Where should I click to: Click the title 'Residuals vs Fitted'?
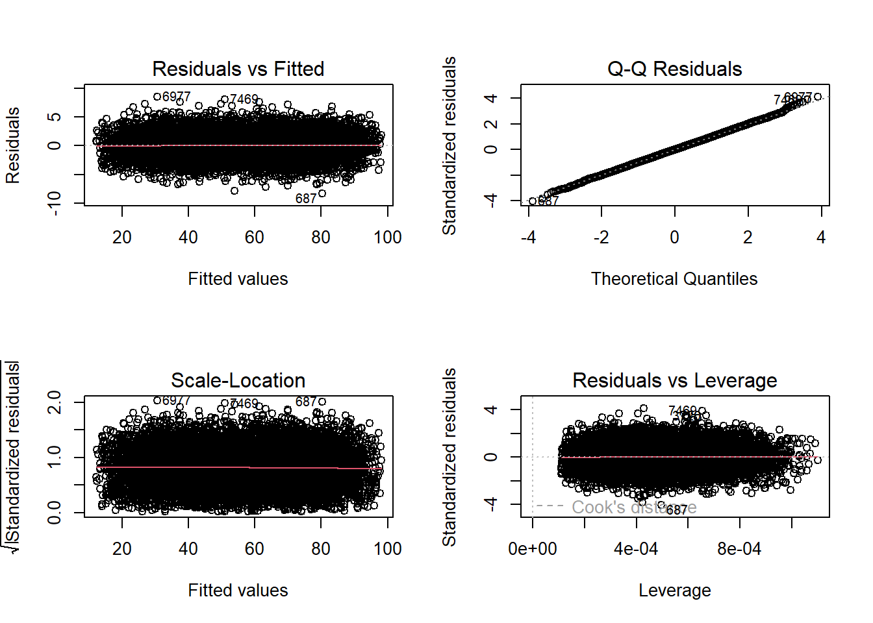point(238,69)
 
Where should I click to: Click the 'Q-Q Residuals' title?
point(674,69)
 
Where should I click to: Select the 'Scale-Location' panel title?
point(238,380)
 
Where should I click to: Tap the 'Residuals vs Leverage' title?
point(674,380)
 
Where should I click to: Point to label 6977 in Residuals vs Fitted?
point(177,97)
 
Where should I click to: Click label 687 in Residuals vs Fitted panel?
point(306,199)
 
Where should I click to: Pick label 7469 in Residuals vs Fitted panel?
point(244,99)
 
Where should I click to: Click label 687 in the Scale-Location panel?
point(306,402)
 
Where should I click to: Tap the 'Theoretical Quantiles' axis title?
point(674,279)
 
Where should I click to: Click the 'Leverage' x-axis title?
point(674,591)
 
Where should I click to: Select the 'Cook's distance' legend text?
point(633,507)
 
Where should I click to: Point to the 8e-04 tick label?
point(739,549)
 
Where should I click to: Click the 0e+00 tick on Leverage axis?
point(533,549)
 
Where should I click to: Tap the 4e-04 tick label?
point(636,549)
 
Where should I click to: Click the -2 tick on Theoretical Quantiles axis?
point(601,238)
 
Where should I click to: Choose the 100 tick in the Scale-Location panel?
point(388,549)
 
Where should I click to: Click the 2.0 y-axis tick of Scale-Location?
point(55,402)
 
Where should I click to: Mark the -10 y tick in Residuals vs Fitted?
point(55,203)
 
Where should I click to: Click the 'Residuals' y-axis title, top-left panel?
point(13,145)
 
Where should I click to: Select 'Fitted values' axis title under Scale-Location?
point(238,591)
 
